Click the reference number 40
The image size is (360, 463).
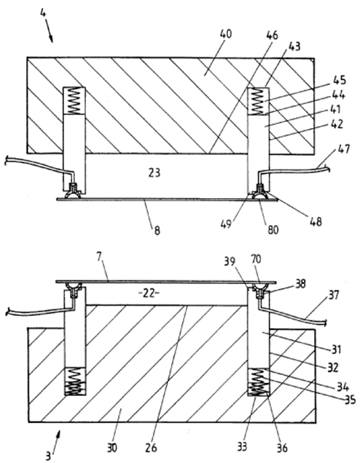point(226,34)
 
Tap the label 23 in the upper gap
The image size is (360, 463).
point(154,173)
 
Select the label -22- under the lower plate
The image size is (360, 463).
point(149,294)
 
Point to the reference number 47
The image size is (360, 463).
point(343,149)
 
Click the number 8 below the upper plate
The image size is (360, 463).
point(157,231)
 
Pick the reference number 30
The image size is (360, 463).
point(111,448)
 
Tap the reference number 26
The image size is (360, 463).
point(151,448)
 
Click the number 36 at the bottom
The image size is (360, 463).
point(281,448)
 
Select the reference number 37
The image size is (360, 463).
point(334,295)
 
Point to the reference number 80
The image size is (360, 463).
point(273,229)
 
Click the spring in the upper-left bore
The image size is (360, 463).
point(74,100)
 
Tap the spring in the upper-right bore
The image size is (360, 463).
point(257,102)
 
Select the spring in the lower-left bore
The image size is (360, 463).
point(75,381)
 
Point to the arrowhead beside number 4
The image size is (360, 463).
point(51,39)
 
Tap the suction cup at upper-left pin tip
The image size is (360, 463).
point(74,194)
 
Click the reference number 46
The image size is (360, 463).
point(272,35)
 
